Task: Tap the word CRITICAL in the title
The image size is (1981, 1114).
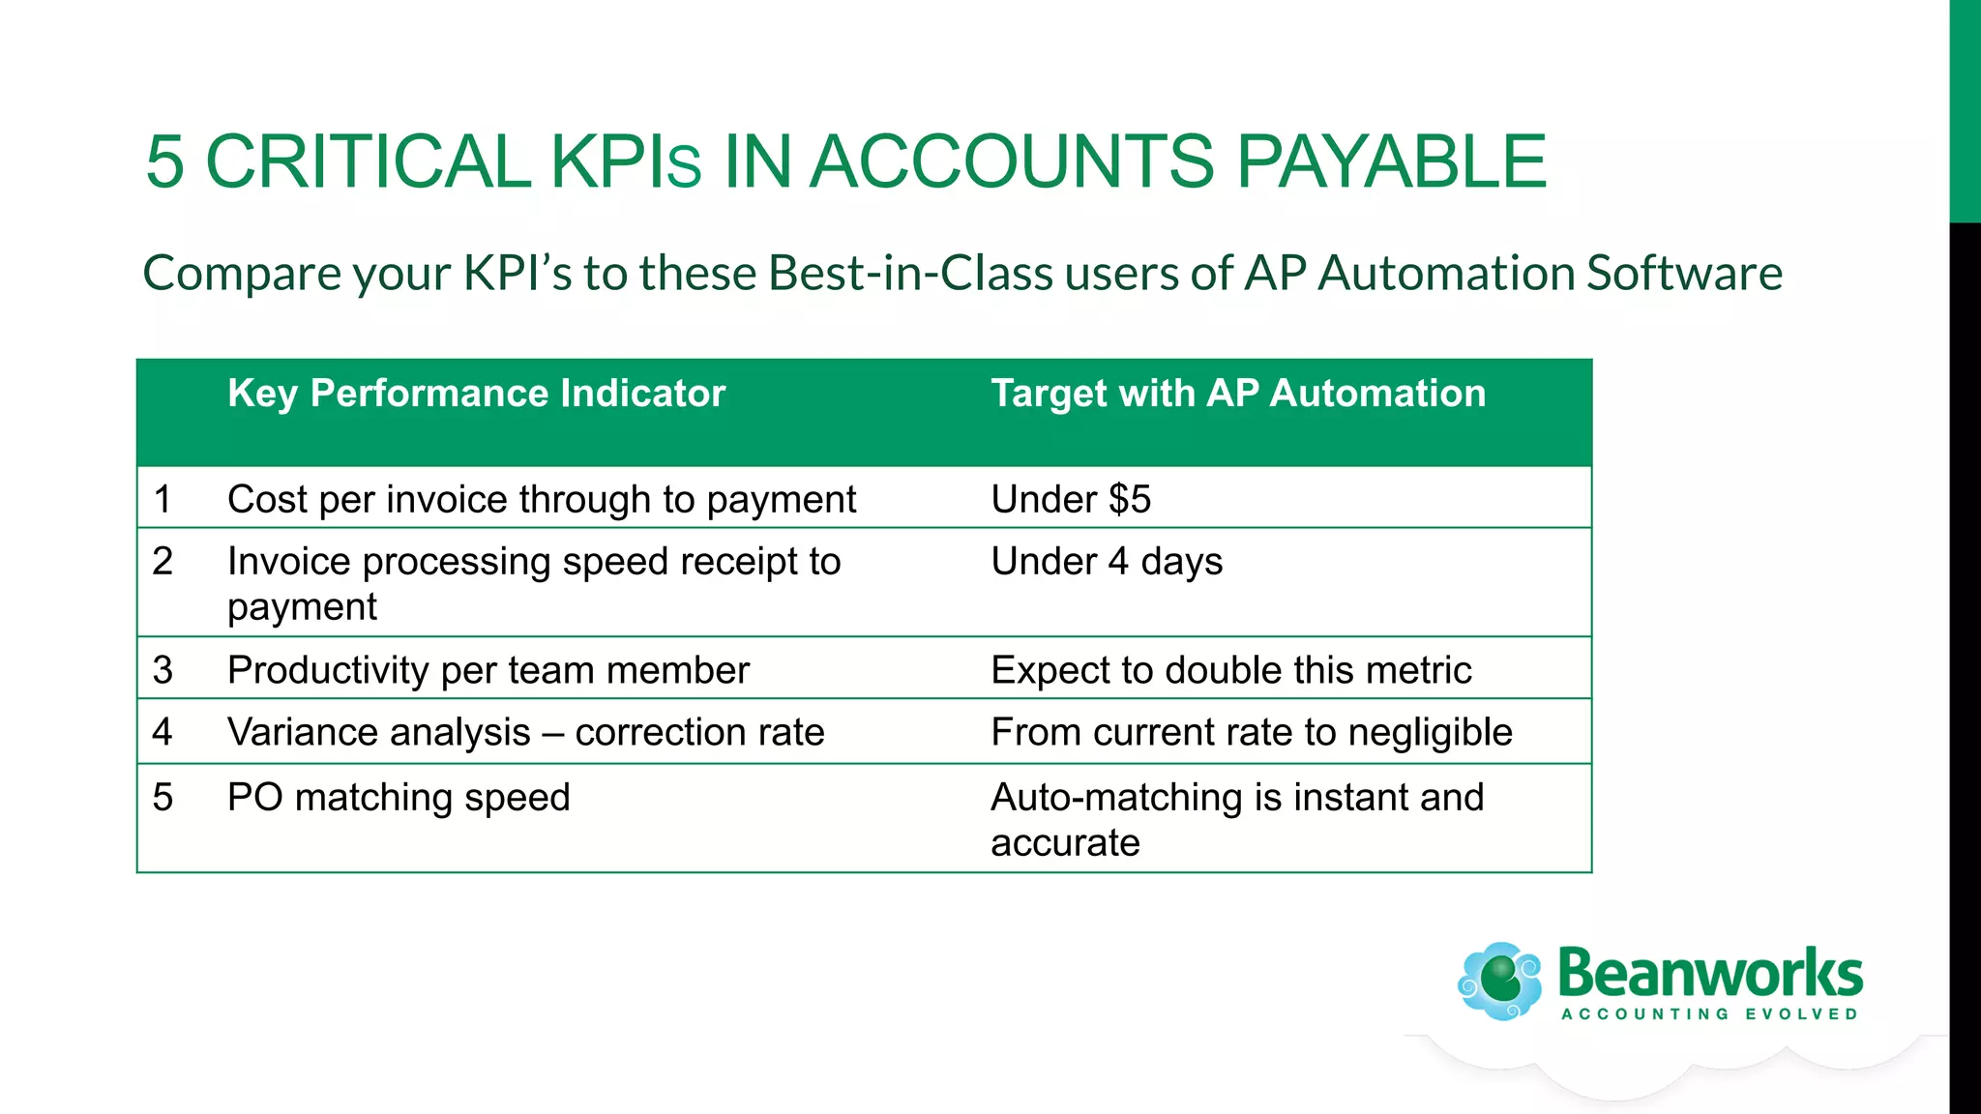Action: (x=368, y=161)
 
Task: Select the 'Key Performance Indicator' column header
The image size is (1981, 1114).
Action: (x=476, y=394)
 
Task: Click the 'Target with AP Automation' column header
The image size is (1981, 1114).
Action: (x=1238, y=394)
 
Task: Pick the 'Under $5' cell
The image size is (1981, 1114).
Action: (x=1071, y=499)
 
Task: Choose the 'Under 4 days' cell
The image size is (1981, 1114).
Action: (x=1107, y=562)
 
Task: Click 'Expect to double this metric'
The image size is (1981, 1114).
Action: (x=1230, y=670)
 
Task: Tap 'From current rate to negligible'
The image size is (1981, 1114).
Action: (x=1251, y=732)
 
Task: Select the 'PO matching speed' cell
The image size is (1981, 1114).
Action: (x=399, y=798)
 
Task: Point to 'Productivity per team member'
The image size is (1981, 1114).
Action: (x=488, y=670)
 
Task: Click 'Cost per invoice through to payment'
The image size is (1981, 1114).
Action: (x=542, y=500)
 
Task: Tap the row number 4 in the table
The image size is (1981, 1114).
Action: (x=163, y=732)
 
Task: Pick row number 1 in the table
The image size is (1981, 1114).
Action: (x=163, y=500)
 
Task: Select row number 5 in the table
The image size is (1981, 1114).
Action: (x=163, y=798)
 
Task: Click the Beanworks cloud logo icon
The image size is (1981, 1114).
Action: (x=1500, y=981)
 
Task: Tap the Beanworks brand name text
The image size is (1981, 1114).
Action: (x=1709, y=973)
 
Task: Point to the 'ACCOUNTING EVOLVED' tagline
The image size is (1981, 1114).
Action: (x=1709, y=1014)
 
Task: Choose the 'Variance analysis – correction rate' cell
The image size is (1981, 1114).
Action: (x=525, y=732)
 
